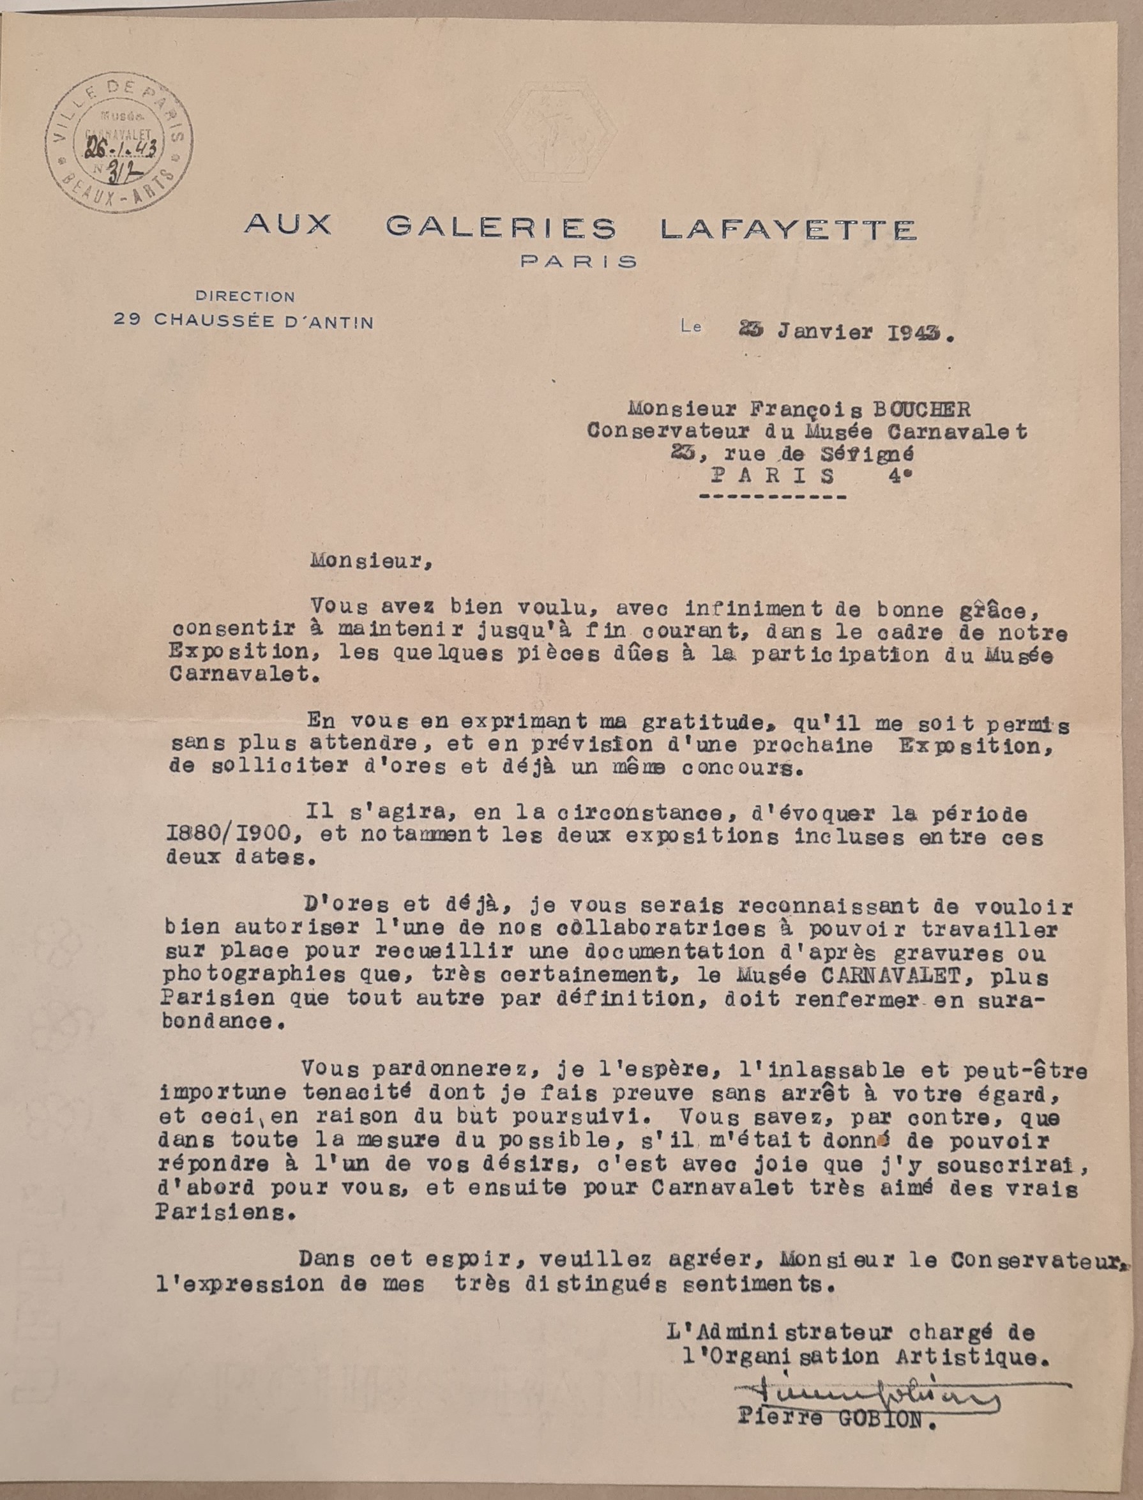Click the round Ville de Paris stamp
coord(119,142)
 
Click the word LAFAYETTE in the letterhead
coord(788,229)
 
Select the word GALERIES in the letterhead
coord(501,227)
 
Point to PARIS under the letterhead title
coord(579,261)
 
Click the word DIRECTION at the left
coord(245,296)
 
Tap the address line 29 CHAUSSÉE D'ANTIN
coord(243,321)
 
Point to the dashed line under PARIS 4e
coord(772,497)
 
